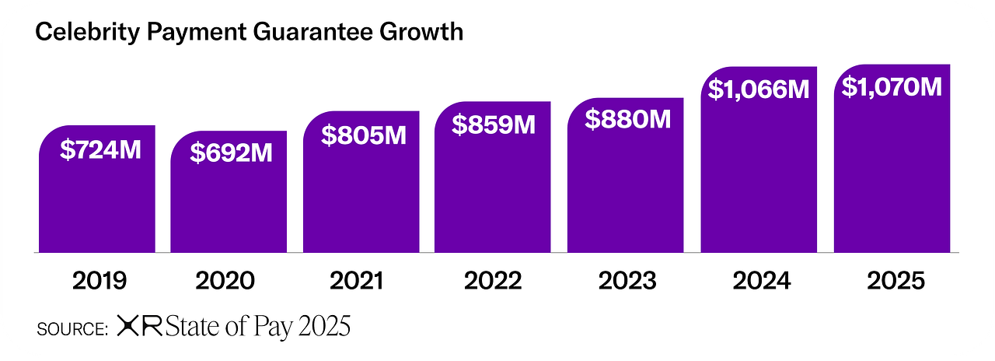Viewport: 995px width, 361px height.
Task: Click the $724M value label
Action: click(100, 149)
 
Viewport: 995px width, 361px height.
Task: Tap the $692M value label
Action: click(232, 152)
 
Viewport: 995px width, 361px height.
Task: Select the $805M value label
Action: click(365, 135)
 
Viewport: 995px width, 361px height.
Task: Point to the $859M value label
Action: click(494, 124)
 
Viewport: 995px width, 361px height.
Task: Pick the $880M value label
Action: click(627, 120)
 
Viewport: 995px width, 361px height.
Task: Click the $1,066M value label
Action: click(759, 89)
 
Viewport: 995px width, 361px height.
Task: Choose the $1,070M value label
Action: click(892, 87)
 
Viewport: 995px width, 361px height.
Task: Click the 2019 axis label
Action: click(99, 281)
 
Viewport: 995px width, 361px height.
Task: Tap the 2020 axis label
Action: click(225, 281)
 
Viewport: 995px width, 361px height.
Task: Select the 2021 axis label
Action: click(357, 281)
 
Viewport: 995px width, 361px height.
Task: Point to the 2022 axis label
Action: click(493, 281)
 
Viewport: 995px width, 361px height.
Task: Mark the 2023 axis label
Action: click(627, 281)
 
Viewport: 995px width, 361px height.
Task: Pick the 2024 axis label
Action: click(761, 281)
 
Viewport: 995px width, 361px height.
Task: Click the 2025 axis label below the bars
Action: click(894, 281)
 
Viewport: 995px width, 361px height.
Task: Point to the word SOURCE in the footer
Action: click(72, 329)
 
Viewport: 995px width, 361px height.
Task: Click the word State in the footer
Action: click(194, 328)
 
